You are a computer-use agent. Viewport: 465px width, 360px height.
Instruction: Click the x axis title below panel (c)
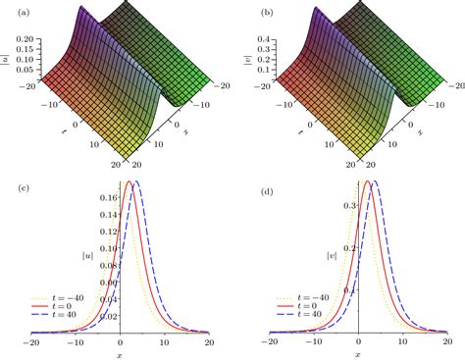(119, 354)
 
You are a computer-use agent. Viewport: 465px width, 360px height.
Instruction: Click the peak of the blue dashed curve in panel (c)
(135, 181)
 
